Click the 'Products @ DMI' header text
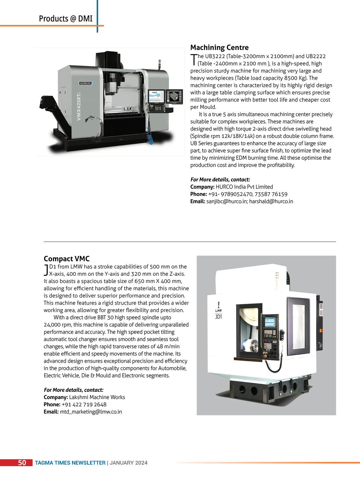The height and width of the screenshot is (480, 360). click(x=66, y=19)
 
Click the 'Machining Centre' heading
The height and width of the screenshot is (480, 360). click(x=219, y=48)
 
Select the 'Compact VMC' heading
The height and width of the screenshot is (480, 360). click(x=66, y=259)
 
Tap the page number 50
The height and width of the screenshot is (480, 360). click(x=22, y=463)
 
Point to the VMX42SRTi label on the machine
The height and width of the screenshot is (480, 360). click(x=79, y=107)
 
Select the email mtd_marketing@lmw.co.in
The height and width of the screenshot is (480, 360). click(x=91, y=412)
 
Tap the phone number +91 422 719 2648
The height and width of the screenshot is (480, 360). click(x=84, y=405)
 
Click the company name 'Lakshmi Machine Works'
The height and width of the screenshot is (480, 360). click(x=97, y=397)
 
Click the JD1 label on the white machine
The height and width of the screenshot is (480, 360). click(x=218, y=317)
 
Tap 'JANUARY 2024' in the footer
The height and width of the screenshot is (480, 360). click(x=128, y=463)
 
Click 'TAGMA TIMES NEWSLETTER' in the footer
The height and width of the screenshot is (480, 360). click(x=70, y=463)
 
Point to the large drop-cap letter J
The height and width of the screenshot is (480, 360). click(x=46, y=270)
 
